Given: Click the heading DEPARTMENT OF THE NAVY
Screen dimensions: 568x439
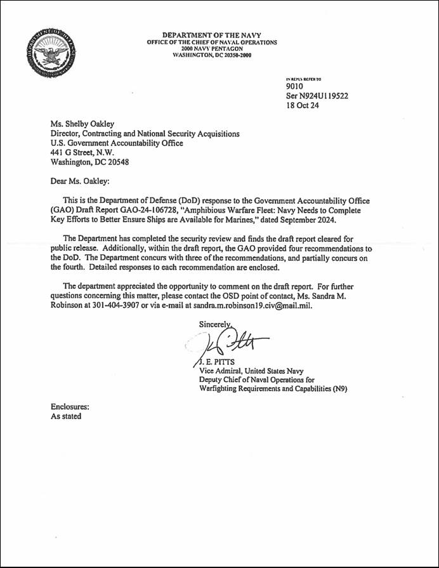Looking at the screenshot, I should [211, 35].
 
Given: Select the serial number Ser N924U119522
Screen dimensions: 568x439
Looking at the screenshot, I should [317, 96].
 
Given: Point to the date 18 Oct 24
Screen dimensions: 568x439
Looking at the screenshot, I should [303, 106].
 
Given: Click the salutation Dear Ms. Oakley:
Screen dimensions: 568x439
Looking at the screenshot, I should [80, 181].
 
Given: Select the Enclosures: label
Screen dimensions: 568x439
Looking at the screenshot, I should [70, 407].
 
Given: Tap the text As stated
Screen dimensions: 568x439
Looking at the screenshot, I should [66, 416].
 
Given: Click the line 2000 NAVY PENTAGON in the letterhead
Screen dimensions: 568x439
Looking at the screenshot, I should [211, 48].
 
